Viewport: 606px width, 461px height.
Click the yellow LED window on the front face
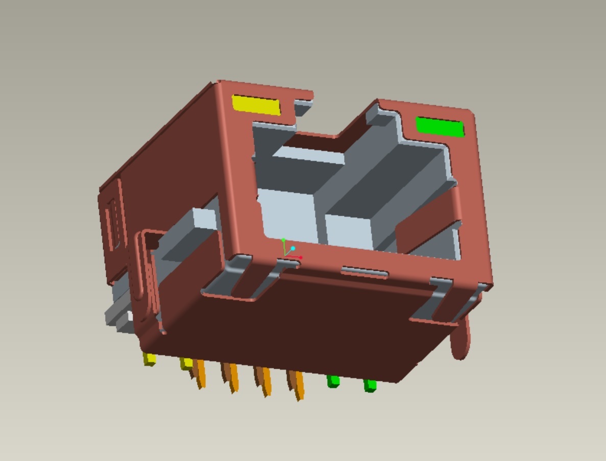click(x=256, y=105)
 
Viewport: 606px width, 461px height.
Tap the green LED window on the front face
click(x=440, y=127)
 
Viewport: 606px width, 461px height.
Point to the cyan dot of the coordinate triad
click(x=293, y=249)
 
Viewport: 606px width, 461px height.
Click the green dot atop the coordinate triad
click(x=284, y=240)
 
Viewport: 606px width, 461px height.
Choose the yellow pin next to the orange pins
click(x=186, y=364)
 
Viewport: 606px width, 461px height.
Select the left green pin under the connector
click(x=333, y=381)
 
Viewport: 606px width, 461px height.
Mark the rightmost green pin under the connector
click(x=370, y=386)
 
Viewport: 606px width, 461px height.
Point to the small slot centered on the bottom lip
click(x=365, y=272)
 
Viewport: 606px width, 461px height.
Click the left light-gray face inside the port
click(x=288, y=214)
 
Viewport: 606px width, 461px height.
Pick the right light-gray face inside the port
click(x=352, y=232)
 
